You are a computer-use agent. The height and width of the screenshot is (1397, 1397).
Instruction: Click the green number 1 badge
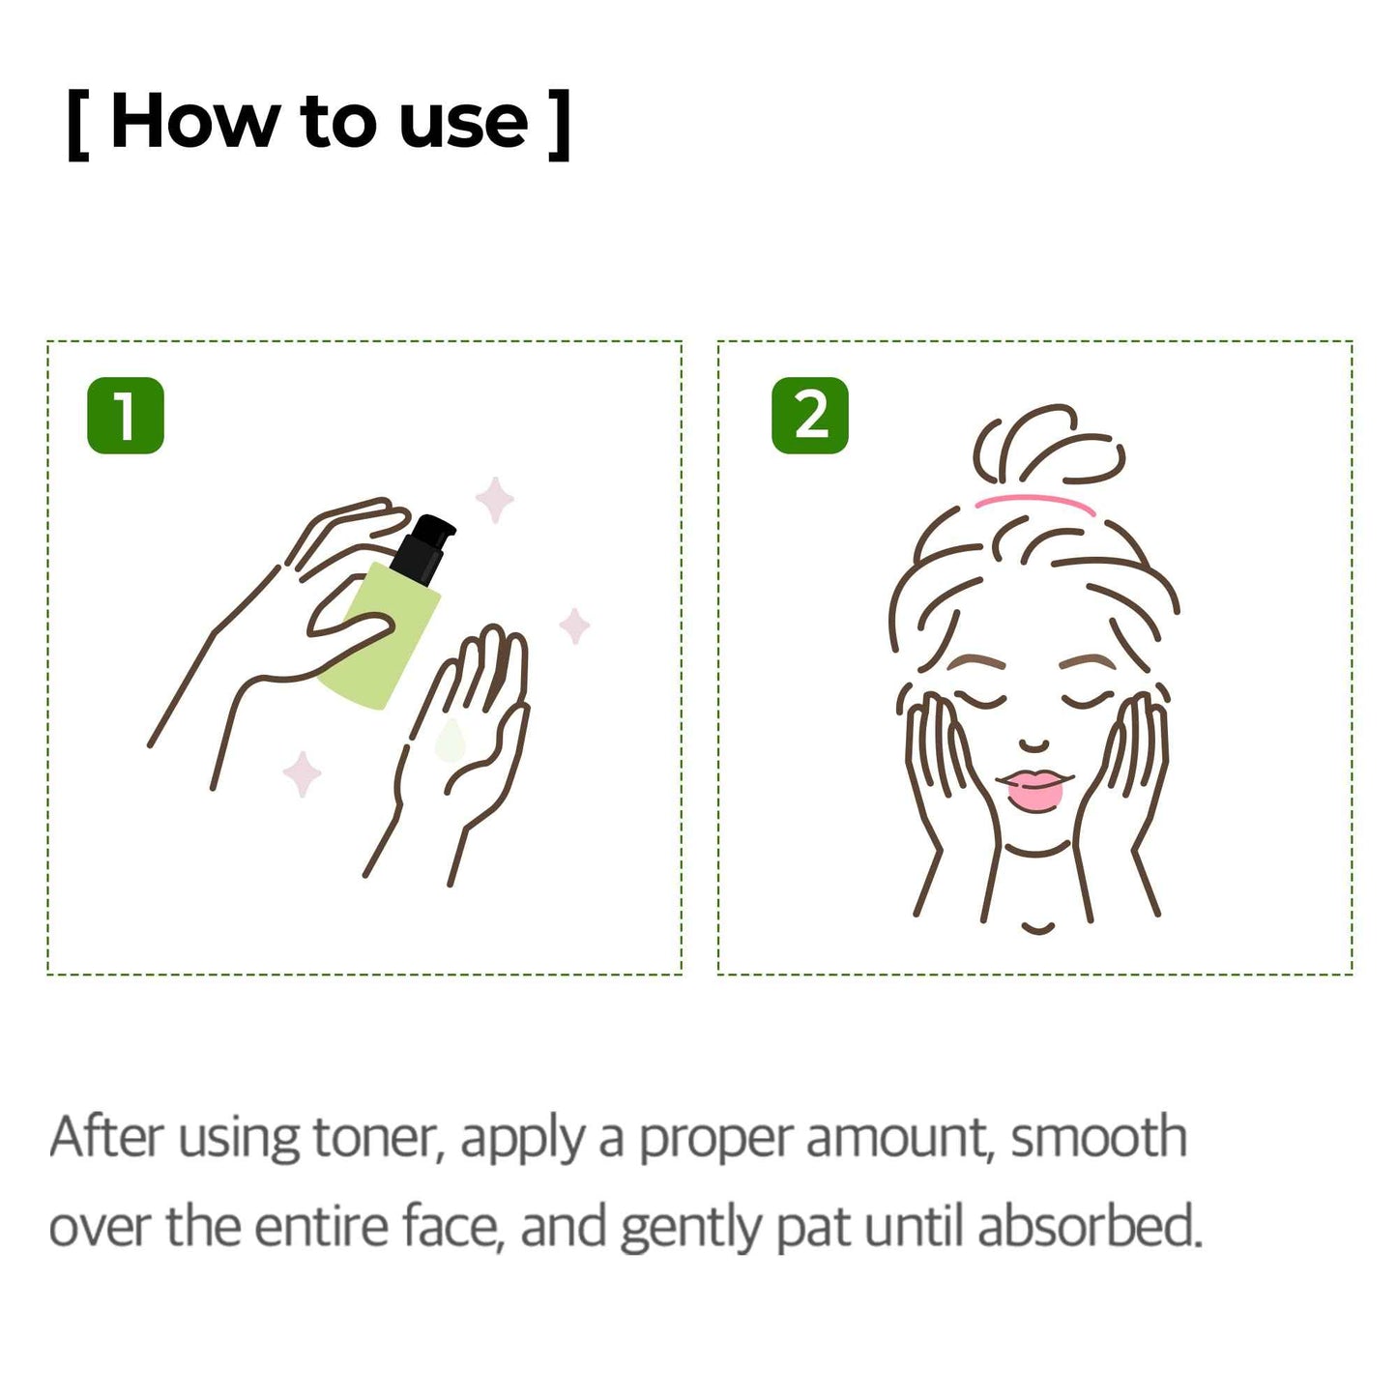[126, 416]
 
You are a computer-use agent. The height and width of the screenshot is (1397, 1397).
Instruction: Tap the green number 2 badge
[810, 416]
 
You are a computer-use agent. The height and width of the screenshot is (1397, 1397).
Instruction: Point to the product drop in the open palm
[450, 741]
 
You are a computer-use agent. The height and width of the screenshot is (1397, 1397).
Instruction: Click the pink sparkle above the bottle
[494, 500]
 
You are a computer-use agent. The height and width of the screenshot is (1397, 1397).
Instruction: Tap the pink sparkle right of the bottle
[575, 626]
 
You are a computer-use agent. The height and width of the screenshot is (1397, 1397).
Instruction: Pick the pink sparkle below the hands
[302, 774]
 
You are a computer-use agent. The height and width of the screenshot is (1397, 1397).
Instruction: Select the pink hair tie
[1034, 502]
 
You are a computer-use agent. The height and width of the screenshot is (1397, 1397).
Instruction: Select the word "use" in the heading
[464, 123]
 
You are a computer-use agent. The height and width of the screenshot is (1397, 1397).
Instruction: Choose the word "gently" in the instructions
[690, 1228]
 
